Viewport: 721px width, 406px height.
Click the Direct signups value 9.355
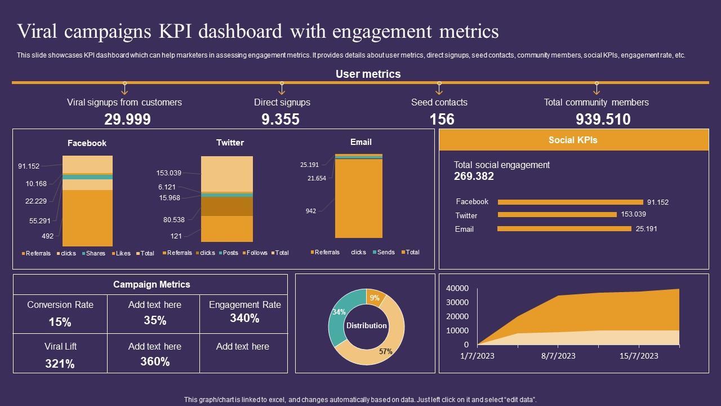[x=281, y=120]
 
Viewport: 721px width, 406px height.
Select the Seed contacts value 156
[x=442, y=120]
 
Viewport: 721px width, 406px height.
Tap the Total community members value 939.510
[x=603, y=120]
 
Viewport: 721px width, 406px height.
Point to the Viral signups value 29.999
[x=127, y=120]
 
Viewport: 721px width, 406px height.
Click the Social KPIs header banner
[x=573, y=140]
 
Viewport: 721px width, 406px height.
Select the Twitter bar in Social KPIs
[x=557, y=214]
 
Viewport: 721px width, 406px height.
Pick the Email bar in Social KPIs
[x=564, y=229]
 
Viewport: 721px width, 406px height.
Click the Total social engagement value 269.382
[x=474, y=176]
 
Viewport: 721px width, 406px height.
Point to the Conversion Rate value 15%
[x=60, y=323]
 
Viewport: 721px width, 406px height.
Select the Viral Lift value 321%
[x=60, y=364]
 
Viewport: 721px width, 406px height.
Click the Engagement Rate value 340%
[x=244, y=319]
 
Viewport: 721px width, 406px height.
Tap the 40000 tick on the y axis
[x=457, y=288]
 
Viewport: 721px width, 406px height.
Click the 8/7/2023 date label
[x=558, y=356]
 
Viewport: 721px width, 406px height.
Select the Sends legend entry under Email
[x=385, y=252]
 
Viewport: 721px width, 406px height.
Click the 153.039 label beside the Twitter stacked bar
[x=169, y=173]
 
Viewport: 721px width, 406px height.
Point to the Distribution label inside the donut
[x=366, y=325]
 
